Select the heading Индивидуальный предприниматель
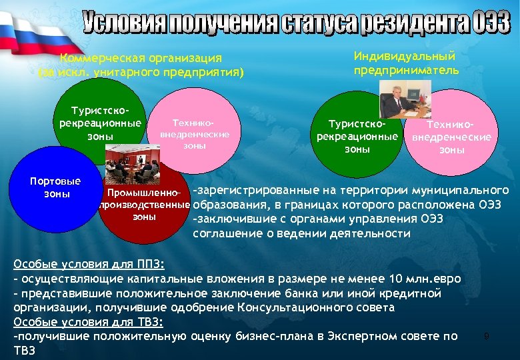tap(405, 63)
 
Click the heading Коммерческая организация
tap(141, 59)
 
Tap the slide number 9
tap(487, 336)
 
